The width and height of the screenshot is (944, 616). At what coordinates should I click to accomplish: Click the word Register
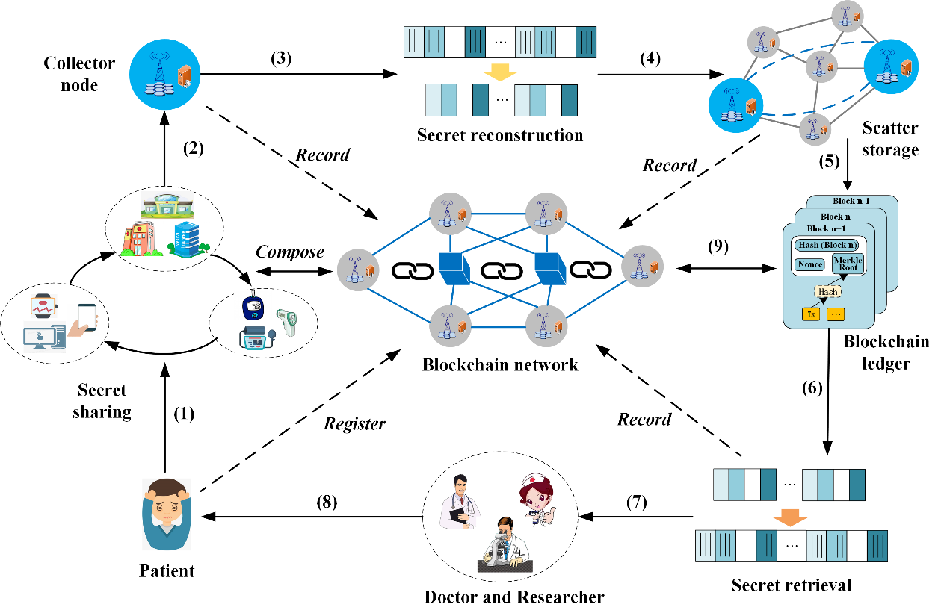click(354, 424)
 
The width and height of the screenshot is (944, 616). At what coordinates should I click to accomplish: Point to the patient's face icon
click(166, 516)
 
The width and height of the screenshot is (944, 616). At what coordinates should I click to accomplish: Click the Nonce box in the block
click(809, 264)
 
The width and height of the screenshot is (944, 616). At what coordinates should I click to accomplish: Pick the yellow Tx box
click(810, 314)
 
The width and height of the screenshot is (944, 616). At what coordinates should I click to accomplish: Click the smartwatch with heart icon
click(43, 306)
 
